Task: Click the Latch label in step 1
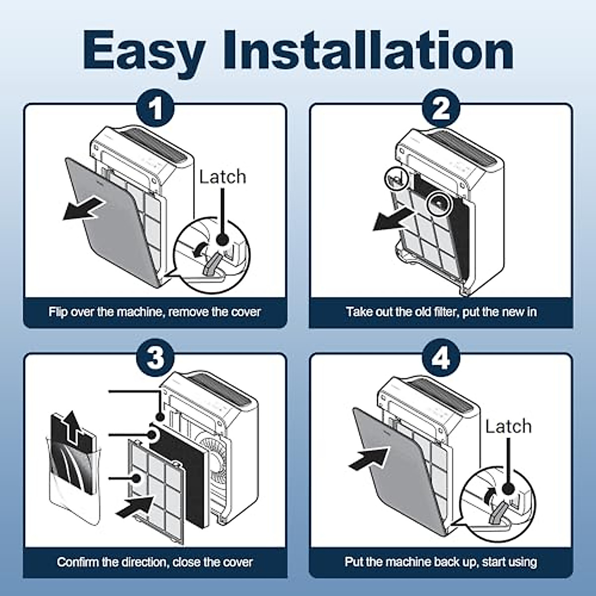click(223, 177)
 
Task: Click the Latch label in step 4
click(508, 427)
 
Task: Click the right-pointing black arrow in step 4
click(368, 459)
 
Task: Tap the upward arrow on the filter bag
click(72, 425)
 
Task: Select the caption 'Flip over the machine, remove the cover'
click(154, 312)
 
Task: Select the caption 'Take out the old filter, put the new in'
click(441, 312)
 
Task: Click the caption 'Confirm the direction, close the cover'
click(154, 562)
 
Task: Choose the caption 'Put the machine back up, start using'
click(441, 562)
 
